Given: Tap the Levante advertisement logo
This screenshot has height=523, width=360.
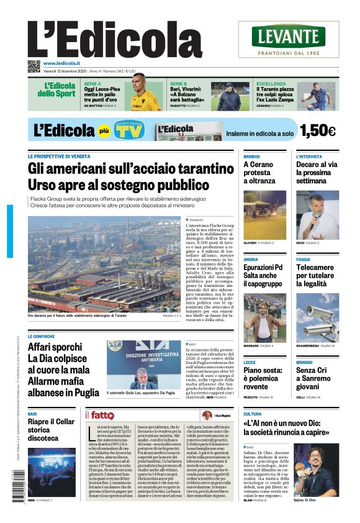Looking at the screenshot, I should [x=288, y=37].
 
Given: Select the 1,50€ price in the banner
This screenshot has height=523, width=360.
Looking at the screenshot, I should [x=317, y=130].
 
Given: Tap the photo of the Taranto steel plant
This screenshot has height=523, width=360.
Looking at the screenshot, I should [x=104, y=263].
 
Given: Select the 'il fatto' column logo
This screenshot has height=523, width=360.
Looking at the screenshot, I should [x=99, y=415].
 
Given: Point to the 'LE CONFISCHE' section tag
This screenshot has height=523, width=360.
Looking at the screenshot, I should [x=41, y=336].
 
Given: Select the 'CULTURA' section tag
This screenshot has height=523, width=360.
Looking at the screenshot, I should [x=252, y=414].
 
